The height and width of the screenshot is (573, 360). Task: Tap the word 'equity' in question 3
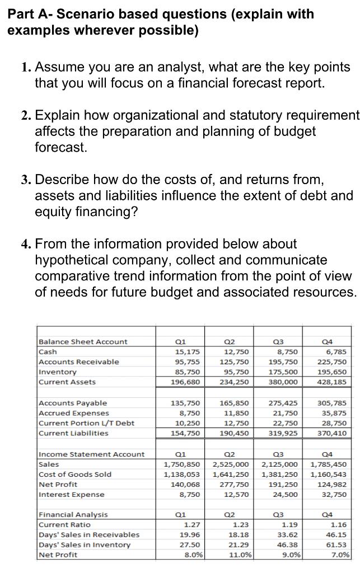point(54,212)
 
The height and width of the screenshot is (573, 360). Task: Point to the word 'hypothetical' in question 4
point(74,260)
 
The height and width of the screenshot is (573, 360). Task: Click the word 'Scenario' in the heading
point(83,14)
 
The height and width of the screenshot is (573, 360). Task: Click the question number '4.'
point(26,244)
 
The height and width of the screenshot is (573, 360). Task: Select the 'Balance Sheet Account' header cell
point(83,341)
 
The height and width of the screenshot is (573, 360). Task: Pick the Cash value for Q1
point(185,351)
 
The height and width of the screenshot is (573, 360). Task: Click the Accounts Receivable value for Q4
point(333,361)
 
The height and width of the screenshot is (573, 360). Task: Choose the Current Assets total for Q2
point(233,382)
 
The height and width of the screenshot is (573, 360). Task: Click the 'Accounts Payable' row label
point(73,403)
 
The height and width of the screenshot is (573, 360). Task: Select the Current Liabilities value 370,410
point(333,433)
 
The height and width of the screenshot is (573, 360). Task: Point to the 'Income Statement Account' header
point(91,454)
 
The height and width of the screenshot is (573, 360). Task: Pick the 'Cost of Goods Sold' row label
point(74,474)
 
